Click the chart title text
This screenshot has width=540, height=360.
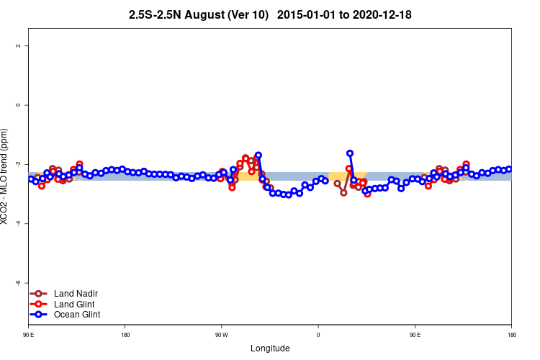(x=270, y=14)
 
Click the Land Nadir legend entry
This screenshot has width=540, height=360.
(x=76, y=294)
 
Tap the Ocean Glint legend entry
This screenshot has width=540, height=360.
(x=77, y=314)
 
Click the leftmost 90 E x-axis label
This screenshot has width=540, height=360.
(x=28, y=335)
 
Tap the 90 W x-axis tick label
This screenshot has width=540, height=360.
(x=221, y=335)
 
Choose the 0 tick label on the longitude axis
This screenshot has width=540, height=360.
(x=318, y=335)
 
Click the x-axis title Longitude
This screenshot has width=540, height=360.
(x=270, y=348)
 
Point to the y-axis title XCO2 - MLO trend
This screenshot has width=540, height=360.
(x=6, y=176)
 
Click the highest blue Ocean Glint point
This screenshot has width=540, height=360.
(x=350, y=153)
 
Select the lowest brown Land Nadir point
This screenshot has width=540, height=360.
(x=343, y=193)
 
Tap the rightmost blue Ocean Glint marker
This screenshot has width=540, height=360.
(x=509, y=169)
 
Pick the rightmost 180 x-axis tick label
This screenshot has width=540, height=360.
(x=511, y=335)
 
